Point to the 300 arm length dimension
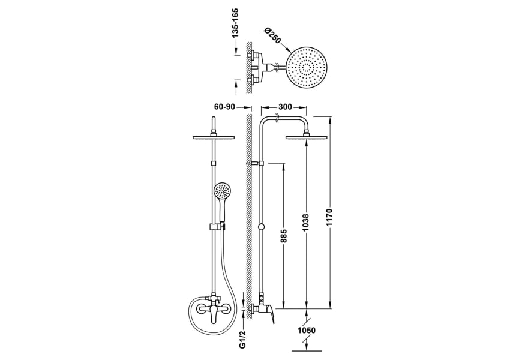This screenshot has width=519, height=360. (286, 106)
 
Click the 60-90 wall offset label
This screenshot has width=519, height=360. (224, 107)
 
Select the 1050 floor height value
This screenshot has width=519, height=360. (305, 329)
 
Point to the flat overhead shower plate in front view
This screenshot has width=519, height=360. (214, 138)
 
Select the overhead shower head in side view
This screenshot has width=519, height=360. (307, 138)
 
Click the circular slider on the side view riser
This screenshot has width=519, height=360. (260, 227)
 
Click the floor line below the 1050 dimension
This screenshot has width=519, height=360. (306, 350)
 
